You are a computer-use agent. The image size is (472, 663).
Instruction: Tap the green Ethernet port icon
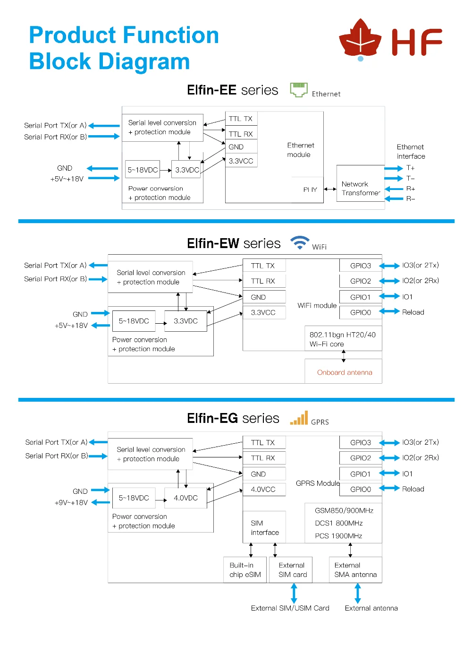click(x=298, y=90)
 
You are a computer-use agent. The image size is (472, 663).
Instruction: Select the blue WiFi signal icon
click(x=300, y=242)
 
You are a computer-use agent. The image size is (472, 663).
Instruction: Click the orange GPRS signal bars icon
click(x=299, y=418)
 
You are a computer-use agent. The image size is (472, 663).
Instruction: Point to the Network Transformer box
click(x=360, y=183)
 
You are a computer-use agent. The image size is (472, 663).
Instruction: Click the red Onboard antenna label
click(x=344, y=372)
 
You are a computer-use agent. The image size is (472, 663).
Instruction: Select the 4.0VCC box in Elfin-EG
click(x=264, y=489)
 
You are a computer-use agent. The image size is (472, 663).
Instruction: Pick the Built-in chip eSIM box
click(x=244, y=570)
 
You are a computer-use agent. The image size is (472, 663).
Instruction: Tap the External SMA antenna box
click(x=355, y=570)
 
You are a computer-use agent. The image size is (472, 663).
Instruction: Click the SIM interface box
click(x=264, y=527)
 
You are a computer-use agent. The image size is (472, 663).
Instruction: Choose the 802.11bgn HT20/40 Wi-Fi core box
click(x=343, y=339)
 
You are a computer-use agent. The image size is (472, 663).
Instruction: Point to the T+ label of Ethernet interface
click(x=410, y=168)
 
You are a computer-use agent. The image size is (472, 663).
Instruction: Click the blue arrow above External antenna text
click(x=357, y=594)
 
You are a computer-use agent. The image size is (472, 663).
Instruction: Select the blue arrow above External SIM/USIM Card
click(x=294, y=594)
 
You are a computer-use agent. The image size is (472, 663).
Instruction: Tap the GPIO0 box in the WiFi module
click(x=361, y=312)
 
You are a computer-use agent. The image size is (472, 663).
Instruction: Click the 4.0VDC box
click(x=185, y=498)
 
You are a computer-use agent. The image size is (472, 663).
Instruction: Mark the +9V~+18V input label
click(x=71, y=503)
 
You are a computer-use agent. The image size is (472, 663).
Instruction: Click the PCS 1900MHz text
click(x=338, y=536)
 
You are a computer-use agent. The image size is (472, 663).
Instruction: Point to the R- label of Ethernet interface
click(x=411, y=198)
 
